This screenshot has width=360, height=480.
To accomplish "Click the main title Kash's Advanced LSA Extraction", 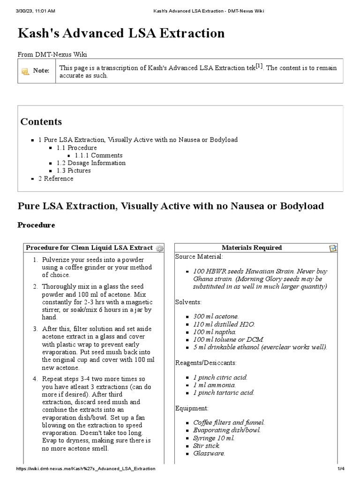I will [x=121, y=33].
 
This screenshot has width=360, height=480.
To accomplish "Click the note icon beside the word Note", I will [x=25, y=71].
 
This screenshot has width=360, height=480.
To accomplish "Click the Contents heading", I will [x=41, y=122].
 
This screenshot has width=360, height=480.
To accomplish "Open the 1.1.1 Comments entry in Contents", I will [x=98, y=155].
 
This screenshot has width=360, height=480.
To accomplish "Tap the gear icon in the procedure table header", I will [x=159, y=248].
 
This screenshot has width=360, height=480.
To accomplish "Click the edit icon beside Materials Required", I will [x=333, y=248].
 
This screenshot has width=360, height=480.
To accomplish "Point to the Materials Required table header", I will [x=252, y=247].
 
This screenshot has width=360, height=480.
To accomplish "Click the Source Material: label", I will [x=199, y=256].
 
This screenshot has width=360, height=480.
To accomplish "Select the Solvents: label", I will [x=188, y=302].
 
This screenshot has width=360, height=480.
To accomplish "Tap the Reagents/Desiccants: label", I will [x=206, y=362].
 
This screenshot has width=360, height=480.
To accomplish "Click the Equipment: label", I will [x=192, y=408].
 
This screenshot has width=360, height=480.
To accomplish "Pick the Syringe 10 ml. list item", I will [x=214, y=438].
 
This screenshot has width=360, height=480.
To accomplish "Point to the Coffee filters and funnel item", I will [x=229, y=422].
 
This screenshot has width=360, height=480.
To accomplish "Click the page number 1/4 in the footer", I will [x=341, y=469].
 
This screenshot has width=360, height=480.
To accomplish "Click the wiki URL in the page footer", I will [x=86, y=469].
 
